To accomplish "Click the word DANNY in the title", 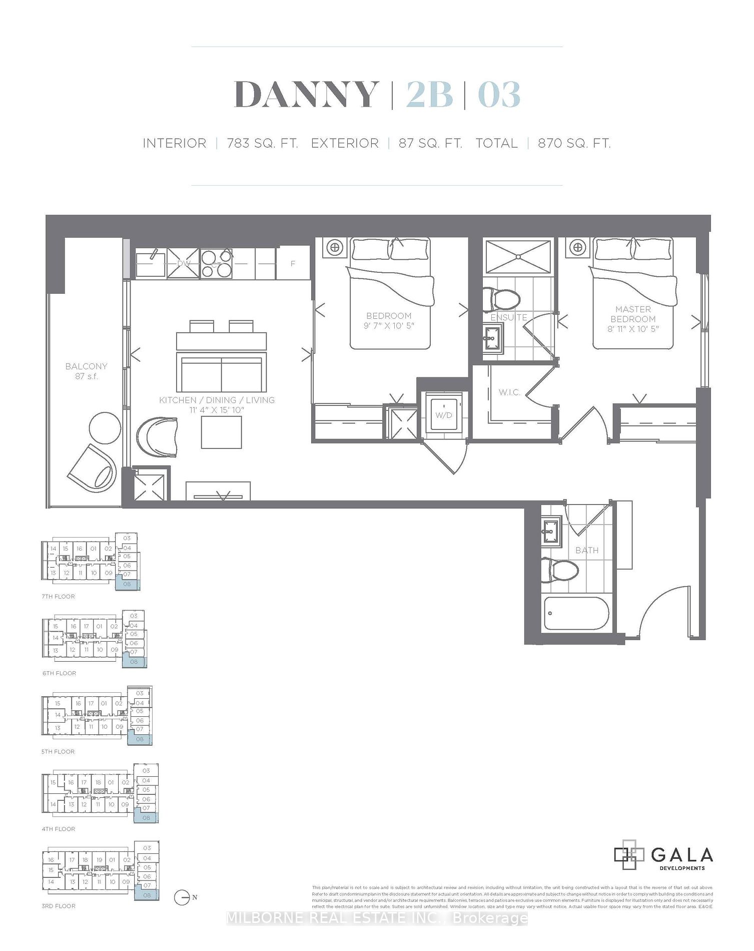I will click(x=306, y=95).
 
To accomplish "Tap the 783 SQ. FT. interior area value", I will click(x=262, y=144).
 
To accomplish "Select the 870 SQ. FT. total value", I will click(x=574, y=144).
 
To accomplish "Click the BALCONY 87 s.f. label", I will click(x=86, y=371).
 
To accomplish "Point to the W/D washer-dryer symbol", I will click(x=443, y=415).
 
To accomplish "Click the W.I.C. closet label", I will click(x=509, y=392).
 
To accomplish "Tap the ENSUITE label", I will click(x=508, y=317).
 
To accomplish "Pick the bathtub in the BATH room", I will click(x=577, y=614).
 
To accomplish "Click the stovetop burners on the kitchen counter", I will click(x=216, y=263).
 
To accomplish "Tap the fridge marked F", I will click(x=293, y=263).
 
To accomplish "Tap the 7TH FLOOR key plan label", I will click(x=59, y=596).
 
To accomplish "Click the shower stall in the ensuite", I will click(x=518, y=257).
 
